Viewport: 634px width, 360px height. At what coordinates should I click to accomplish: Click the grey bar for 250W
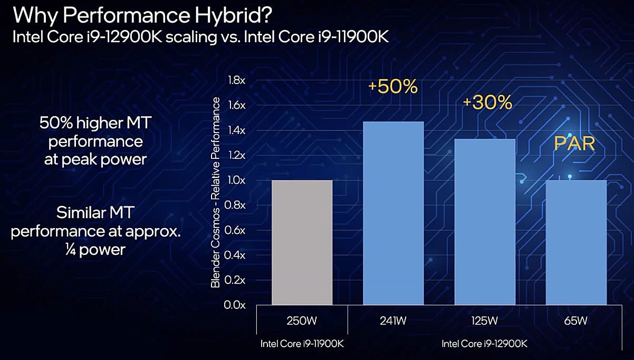pos(302,243)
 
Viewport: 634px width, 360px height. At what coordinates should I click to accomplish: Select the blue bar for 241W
pos(393,214)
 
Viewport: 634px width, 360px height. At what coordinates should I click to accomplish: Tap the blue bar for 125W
pos(485,222)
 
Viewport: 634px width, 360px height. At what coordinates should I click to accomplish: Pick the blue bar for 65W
pos(576,243)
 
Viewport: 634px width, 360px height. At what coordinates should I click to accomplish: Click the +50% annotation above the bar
pos(393,87)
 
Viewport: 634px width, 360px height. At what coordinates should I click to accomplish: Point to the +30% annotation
pos(487,102)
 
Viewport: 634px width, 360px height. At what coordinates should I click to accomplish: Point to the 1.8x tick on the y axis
pos(237,80)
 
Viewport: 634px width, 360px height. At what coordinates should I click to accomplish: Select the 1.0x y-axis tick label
pos(237,181)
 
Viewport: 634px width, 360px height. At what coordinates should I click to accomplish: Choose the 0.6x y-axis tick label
pos(237,230)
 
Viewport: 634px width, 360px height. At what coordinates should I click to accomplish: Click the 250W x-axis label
pos(302,320)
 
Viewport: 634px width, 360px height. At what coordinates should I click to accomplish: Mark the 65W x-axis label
pos(576,320)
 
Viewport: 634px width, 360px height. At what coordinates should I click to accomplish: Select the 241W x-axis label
pos(393,320)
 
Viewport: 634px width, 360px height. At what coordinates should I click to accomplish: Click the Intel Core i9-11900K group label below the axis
pos(302,344)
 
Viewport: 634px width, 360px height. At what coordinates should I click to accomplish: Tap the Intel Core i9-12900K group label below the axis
pos(484,344)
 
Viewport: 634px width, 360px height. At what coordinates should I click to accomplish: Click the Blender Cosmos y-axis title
pos(216,193)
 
